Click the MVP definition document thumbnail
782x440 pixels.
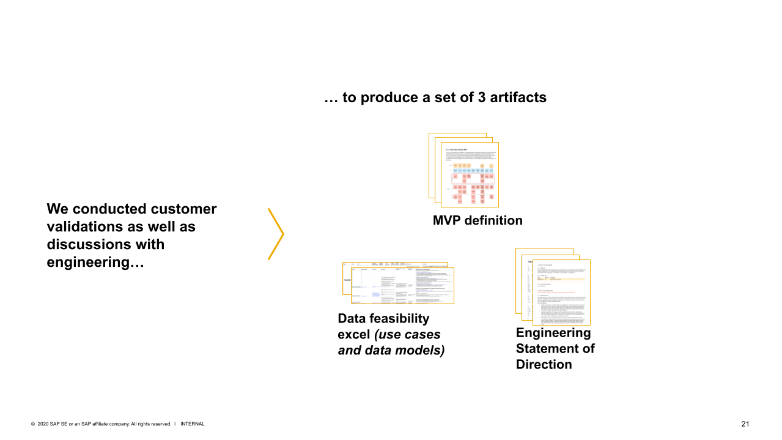(x=469, y=174)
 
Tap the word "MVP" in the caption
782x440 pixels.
(x=447, y=220)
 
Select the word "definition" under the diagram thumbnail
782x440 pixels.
(x=493, y=220)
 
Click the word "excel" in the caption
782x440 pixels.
(x=354, y=335)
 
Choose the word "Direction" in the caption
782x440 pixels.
(x=544, y=365)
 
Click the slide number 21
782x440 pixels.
(x=745, y=424)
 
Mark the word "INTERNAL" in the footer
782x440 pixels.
(x=192, y=424)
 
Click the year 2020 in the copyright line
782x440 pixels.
(x=42, y=424)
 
